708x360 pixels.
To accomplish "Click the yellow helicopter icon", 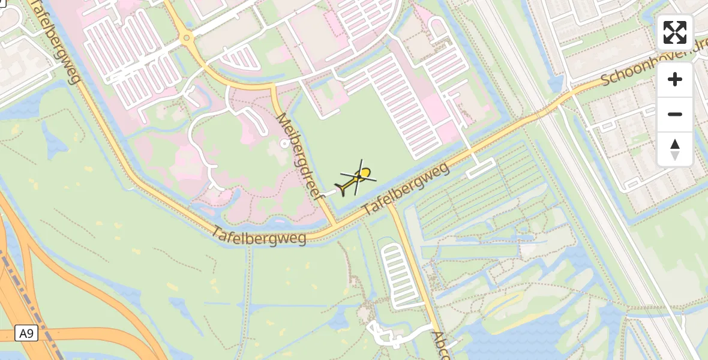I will coord(358,179).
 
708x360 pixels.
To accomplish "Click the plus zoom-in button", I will coord(675,79).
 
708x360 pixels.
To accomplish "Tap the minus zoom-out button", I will coord(675,114).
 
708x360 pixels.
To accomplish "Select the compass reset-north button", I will coord(675,149).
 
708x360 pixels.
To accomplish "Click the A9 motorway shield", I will coord(26,334).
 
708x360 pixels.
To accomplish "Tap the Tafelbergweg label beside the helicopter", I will coord(406,190).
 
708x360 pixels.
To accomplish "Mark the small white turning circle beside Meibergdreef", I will coord(284,143).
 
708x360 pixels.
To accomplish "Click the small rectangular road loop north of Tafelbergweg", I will coord(481,168).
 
